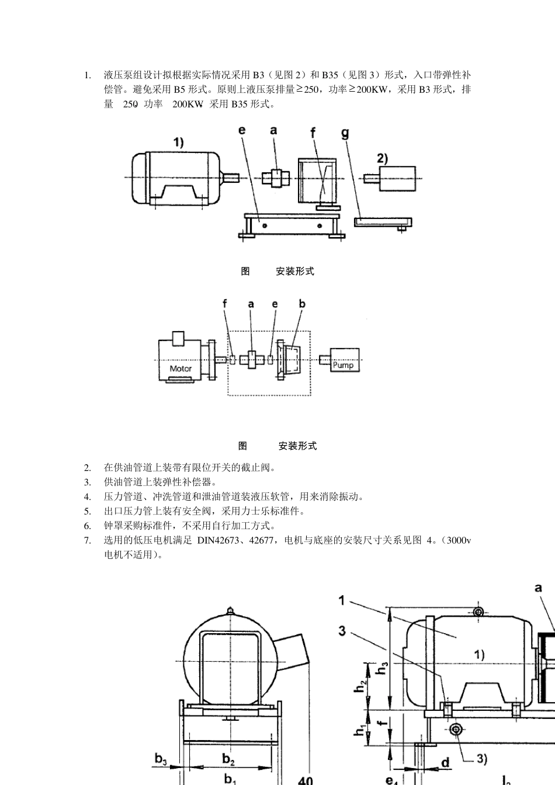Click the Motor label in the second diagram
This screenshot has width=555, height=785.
tap(181, 369)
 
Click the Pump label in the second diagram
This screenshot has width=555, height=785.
tap(343, 365)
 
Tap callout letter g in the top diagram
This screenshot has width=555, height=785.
tap(345, 134)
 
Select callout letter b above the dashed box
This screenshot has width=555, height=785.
tap(302, 304)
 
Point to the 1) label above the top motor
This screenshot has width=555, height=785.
tap(178, 143)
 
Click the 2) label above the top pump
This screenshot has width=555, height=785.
tap(383, 159)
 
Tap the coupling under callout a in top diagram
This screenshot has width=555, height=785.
tap(276, 178)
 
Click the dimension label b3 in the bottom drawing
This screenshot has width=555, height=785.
tap(161, 759)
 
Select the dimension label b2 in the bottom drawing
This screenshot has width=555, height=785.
tap(228, 759)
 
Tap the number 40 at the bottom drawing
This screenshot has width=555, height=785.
tap(306, 780)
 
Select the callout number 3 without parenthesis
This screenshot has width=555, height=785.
tap(342, 631)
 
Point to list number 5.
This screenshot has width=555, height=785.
tap(87, 511)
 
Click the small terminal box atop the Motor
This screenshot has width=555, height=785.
tap(178, 339)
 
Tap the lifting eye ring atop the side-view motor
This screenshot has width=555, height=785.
tap(478, 612)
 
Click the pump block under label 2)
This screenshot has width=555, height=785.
tap(398, 179)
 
